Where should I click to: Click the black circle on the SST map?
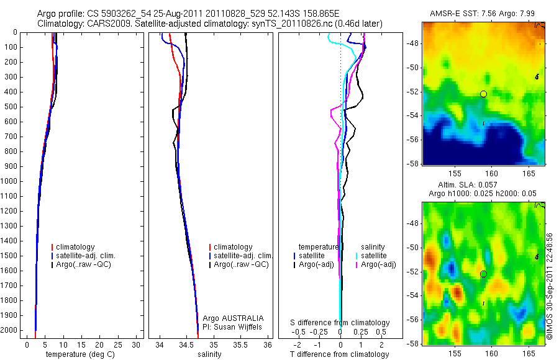click(x=483, y=94)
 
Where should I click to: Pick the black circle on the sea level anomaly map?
click(x=483, y=274)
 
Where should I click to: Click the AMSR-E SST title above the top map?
click(x=483, y=14)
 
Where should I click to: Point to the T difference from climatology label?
click(x=339, y=354)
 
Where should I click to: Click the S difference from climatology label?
click(x=340, y=323)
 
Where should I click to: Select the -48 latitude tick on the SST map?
click(x=412, y=43)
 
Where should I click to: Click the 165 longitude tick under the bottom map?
click(x=529, y=352)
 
